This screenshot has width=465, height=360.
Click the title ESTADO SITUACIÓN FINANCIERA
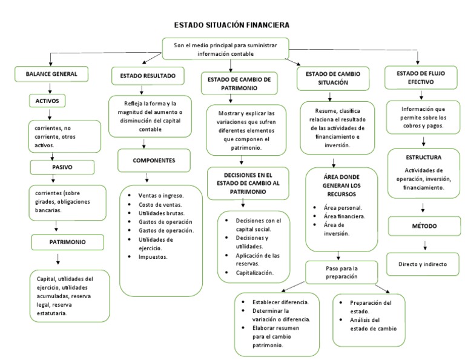coord(232,25)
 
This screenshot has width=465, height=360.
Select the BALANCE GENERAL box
coord(51,74)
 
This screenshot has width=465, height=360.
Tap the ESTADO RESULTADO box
coord(148,76)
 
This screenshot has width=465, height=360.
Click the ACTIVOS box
coord(47,101)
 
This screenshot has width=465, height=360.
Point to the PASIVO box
coord(62,167)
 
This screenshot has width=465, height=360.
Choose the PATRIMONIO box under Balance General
coord(68,242)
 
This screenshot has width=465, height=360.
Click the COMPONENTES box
coord(154,161)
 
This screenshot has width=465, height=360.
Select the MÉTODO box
coord(424,226)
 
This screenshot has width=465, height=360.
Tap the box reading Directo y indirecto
coord(423,264)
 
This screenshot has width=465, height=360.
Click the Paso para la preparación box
coord(341,273)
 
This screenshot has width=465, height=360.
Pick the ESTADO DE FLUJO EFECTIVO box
coord(421,78)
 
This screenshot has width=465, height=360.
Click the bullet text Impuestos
coord(153,257)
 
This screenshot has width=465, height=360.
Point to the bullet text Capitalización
coord(254,273)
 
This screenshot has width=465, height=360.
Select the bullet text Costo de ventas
coord(160,205)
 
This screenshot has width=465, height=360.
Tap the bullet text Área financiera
coord(345,216)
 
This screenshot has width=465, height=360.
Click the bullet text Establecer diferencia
coord(280,302)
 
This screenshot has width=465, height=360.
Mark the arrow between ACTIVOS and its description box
coord(50,115)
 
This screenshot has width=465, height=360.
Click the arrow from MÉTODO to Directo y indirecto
coord(425,245)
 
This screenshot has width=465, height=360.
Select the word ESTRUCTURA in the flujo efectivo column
coord(423,158)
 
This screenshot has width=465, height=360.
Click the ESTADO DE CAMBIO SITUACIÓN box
coord(333,78)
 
